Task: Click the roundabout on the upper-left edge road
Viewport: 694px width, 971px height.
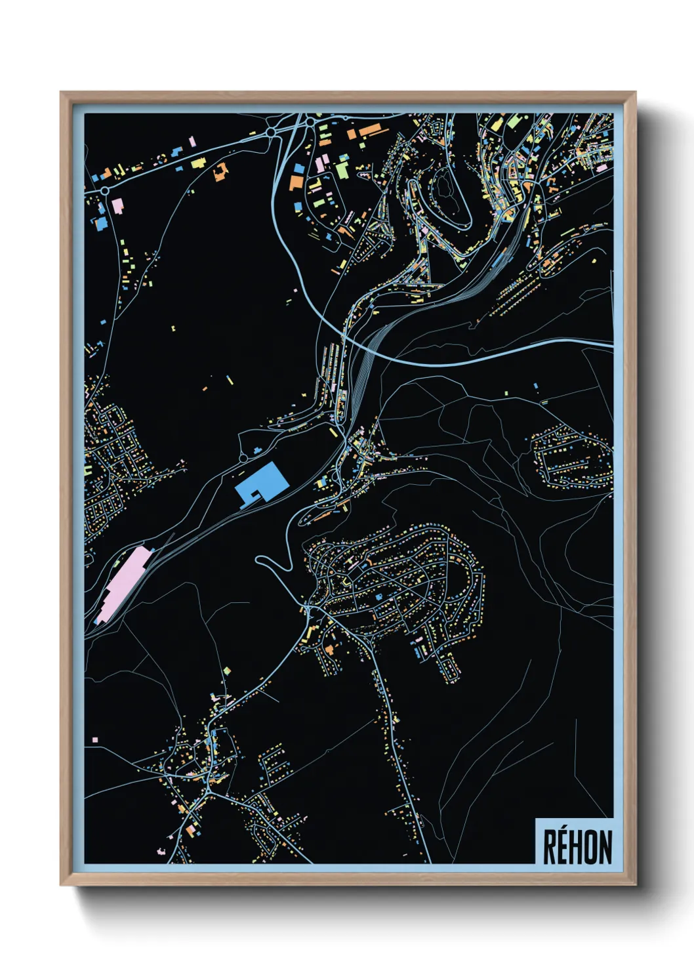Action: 104,191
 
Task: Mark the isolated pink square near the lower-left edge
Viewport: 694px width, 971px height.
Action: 95,740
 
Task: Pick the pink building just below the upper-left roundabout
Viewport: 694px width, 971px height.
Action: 117,205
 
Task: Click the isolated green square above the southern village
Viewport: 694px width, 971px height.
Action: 227,671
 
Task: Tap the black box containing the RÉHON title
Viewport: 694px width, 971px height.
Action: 575,842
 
